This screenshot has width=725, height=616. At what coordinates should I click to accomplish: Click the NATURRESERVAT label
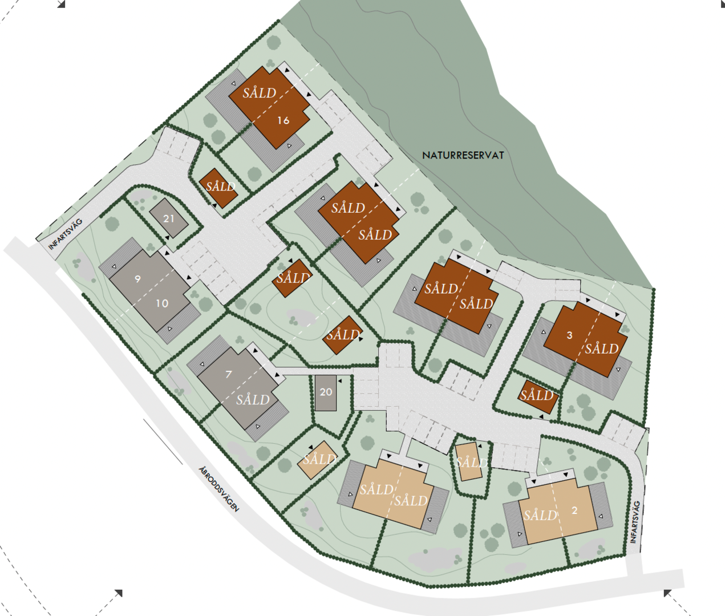tap(463, 155)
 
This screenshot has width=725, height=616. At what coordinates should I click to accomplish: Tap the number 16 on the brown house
tap(283, 120)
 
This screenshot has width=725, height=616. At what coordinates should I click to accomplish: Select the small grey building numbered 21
tap(168, 218)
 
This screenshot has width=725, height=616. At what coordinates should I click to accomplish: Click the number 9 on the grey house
tap(137, 279)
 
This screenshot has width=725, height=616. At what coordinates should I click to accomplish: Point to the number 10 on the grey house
tap(162, 303)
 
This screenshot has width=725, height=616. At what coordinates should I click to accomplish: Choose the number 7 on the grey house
tap(229, 374)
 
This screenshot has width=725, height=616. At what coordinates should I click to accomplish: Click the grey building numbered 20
tap(326, 392)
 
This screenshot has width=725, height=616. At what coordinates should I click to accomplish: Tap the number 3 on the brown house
tap(569, 335)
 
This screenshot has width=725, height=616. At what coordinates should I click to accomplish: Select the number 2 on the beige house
tap(574, 510)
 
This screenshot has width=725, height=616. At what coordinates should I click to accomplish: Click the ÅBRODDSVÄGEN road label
tap(218, 488)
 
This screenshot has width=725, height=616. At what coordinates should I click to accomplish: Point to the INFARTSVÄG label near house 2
tap(636, 522)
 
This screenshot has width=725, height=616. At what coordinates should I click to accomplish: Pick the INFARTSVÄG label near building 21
tap(66, 234)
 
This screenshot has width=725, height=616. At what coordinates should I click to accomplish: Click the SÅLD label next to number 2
tap(540, 516)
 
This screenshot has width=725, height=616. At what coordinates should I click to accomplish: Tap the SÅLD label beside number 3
tap(601, 348)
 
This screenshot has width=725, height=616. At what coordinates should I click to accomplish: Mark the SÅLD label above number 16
tap(259, 92)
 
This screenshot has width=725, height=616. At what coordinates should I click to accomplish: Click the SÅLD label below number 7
tap(253, 399)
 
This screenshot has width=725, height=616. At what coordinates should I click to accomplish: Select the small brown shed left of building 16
tap(218, 188)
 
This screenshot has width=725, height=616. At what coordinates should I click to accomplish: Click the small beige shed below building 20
tap(318, 459)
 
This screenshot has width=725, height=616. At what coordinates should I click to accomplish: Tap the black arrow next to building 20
tap(339, 380)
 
